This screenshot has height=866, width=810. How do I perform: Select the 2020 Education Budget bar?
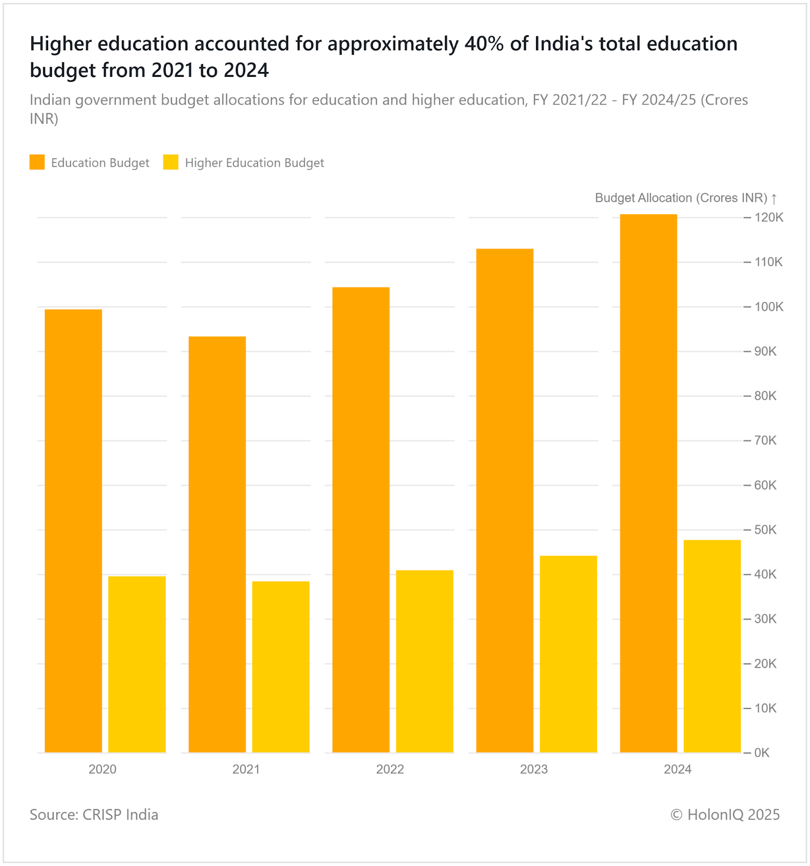coord(73,530)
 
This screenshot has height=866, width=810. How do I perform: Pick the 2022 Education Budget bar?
coord(361,520)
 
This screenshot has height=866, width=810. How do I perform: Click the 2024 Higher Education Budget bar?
coord(712,646)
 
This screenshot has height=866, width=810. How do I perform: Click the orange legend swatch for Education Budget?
coord(37,162)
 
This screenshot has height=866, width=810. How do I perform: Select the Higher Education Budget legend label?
coord(254,163)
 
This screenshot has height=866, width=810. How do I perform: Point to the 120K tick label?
coord(769,218)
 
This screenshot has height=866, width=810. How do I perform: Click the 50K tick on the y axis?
coord(766,530)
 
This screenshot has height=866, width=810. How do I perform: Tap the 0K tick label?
coord(762,753)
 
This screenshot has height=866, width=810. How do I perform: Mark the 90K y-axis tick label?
coord(766,351)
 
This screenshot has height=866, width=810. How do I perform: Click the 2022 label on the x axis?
coord(390,769)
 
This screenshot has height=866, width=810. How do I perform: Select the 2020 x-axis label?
coord(102,769)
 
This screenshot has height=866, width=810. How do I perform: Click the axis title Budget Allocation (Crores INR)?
coord(681,198)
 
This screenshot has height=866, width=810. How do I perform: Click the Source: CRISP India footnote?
coord(94,815)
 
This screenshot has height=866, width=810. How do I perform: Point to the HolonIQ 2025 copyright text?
coord(725,815)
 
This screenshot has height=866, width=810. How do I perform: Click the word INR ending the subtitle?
coord(44,119)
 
